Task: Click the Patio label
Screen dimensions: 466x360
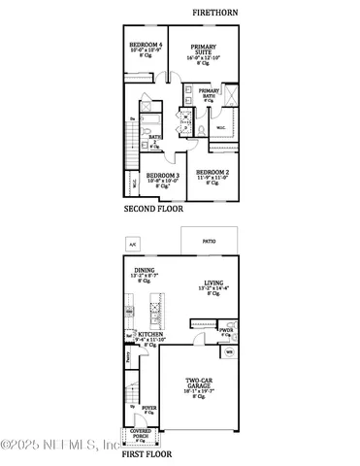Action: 208,241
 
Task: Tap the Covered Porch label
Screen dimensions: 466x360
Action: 141,433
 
